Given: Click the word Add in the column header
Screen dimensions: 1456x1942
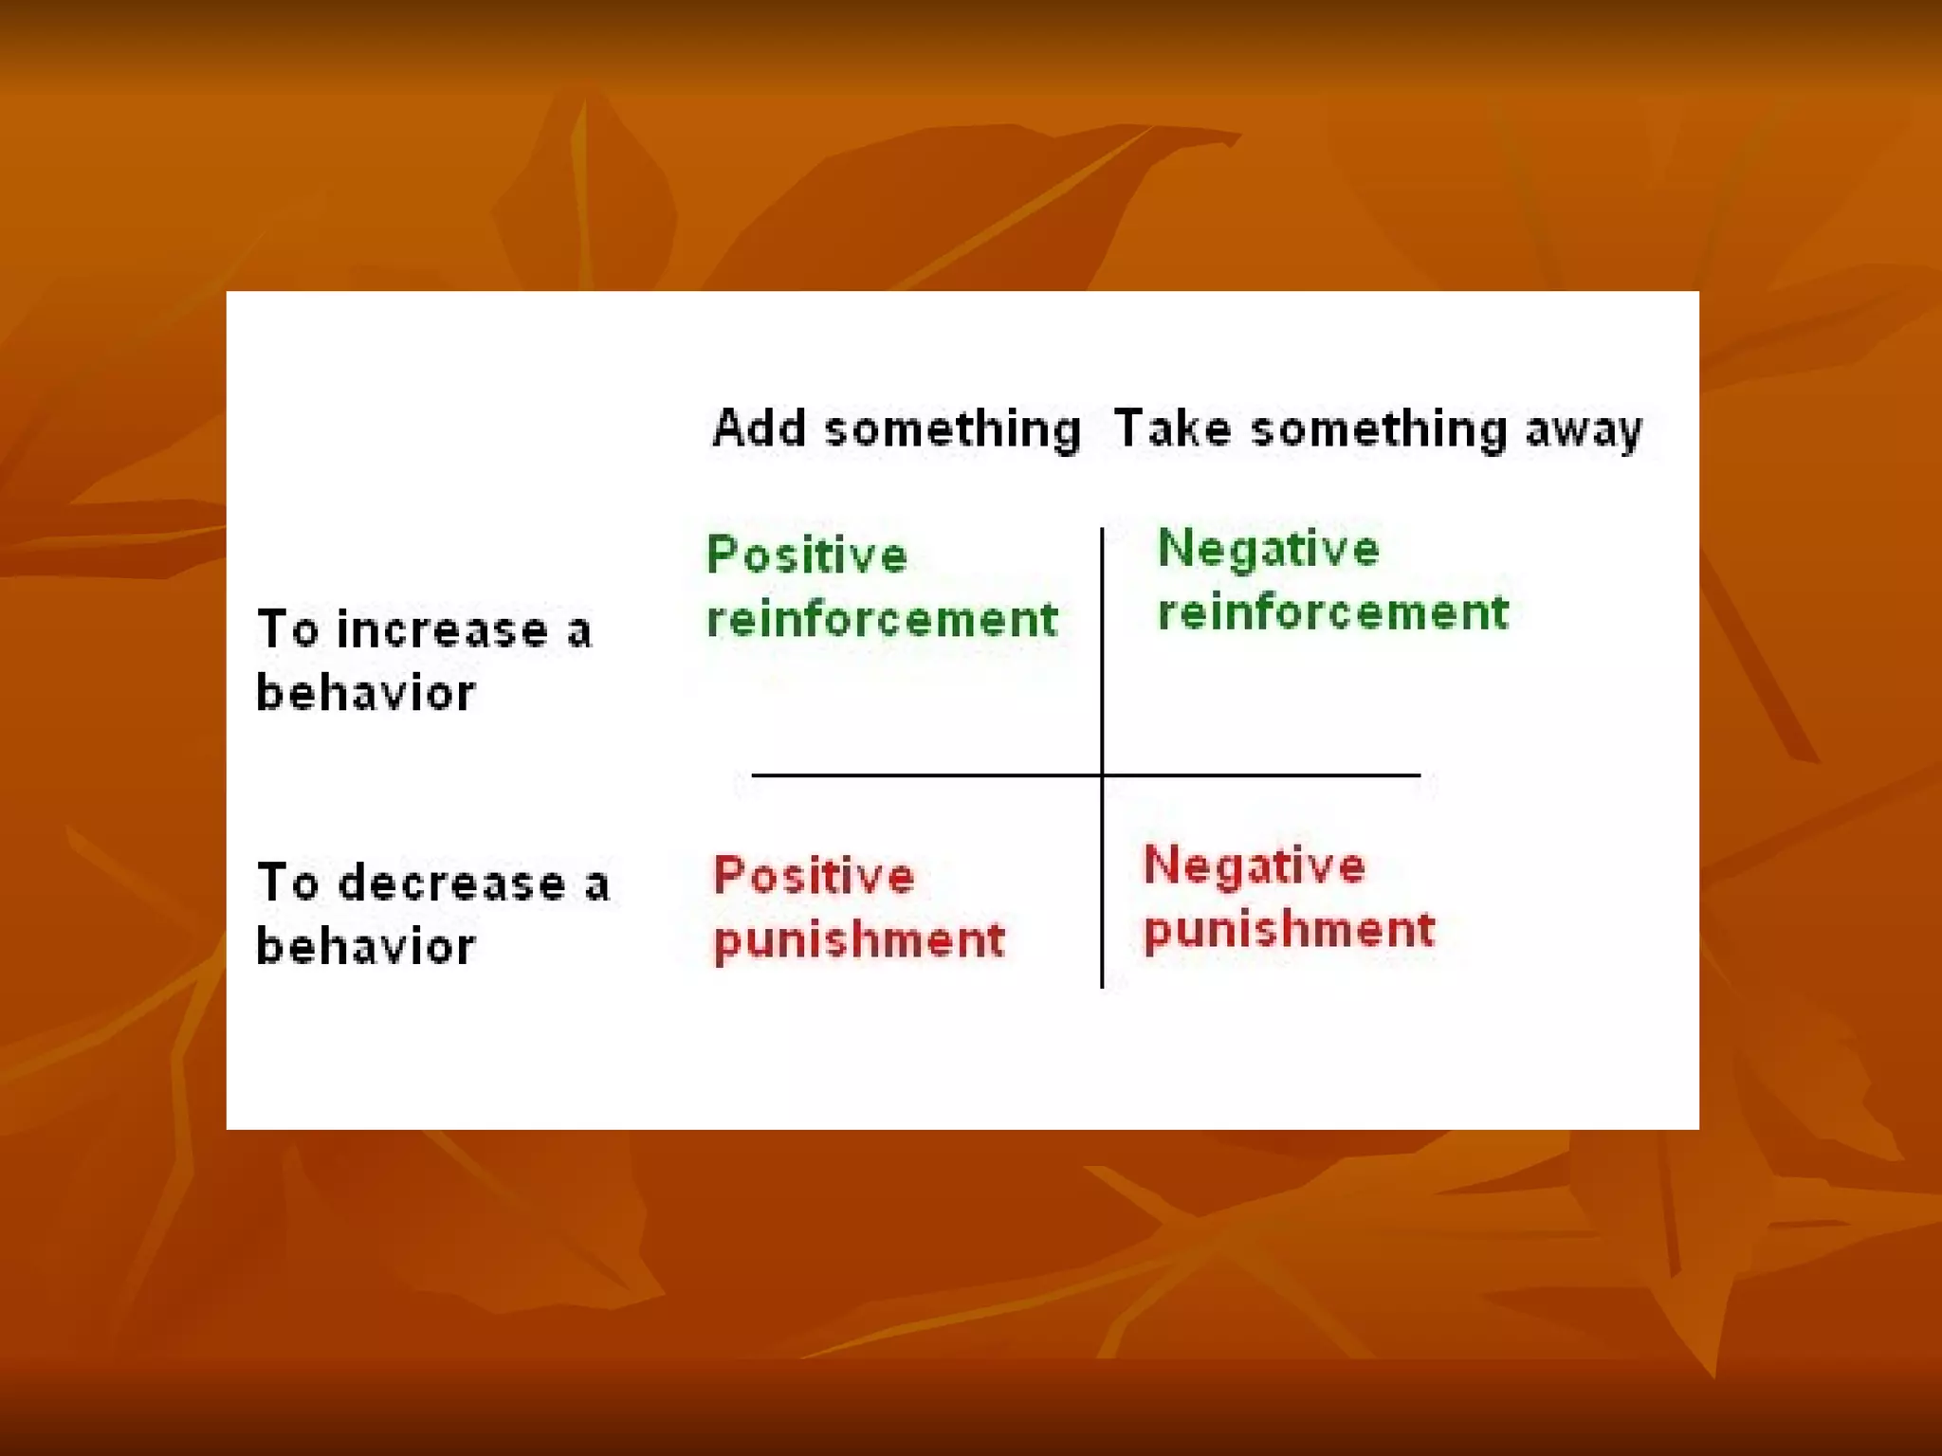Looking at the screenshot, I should (759, 428).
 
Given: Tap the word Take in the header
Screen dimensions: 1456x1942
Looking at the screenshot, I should (1172, 428).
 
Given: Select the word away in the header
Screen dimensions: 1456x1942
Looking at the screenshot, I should (1583, 430).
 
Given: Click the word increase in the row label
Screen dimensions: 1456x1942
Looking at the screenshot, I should (443, 630).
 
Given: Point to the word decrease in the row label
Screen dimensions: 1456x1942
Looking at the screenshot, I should (452, 883).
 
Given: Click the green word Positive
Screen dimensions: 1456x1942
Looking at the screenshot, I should (807, 555).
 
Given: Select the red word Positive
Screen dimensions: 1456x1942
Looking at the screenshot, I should (814, 876).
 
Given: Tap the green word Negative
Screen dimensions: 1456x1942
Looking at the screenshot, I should (1268, 550).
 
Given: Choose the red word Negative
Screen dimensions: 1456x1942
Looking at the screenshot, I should (1254, 866).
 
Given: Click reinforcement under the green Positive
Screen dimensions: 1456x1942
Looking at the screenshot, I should (882, 620).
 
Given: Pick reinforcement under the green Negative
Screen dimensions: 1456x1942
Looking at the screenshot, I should (1332, 612).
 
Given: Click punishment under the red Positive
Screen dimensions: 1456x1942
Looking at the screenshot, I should (858, 940).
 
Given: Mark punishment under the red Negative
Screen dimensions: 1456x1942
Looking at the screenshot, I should (1289, 929).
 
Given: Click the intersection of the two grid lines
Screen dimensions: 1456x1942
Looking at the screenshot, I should (1102, 775).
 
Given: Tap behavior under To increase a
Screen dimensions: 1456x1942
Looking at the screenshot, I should (366, 693).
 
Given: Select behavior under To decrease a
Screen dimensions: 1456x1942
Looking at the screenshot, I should (366, 946).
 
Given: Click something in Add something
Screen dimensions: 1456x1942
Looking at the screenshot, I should (952, 430).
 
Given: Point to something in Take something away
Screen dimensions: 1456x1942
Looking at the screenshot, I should (1378, 430).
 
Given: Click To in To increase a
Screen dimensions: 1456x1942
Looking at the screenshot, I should (287, 630).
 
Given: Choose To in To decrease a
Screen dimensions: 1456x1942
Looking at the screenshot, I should (287, 883).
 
